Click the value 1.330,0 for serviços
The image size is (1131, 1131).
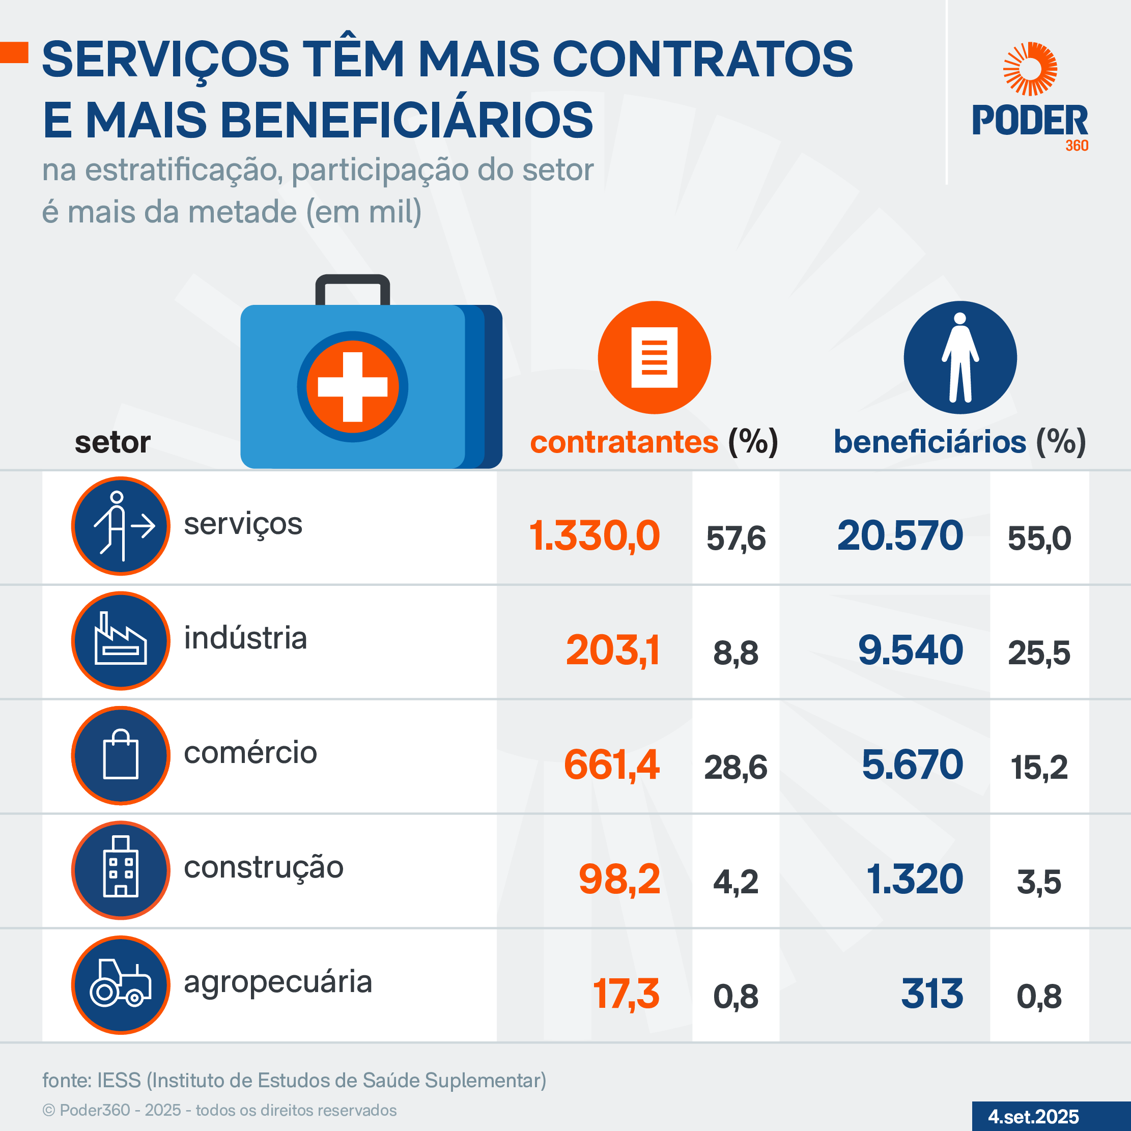pyautogui.click(x=594, y=535)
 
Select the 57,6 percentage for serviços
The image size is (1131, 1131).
pyautogui.click(x=736, y=539)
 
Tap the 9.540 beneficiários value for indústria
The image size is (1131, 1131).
pyautogui.click(x=910, y=651)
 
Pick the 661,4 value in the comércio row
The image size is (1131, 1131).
pyautogui.click(x=612, y=765)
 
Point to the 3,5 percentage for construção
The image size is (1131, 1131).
pyautogui.click(x=1039, y=882)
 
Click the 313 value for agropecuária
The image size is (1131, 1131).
pyautogui.click(x=932, y=994)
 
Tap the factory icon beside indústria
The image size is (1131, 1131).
pyautogui.click(x=121, y=640)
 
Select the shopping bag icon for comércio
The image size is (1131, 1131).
pyautogui.click(x=121, y=755)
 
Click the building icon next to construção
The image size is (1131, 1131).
pyautogui.click(x=121, y=870)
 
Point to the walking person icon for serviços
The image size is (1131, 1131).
pyautogui.click(x=121, y=526)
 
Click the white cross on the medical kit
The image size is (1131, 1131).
pyautogui.click(x=352, y=387)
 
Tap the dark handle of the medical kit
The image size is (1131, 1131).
pyautogui.click(x=352, y=284)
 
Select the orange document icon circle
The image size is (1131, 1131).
pyautogui.click(x=655, y=358)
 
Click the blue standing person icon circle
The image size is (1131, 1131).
pyautogui.click(x=960, y=358)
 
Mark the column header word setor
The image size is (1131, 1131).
pyautogui.click(x=112, y=442)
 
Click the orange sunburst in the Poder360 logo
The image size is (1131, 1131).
pyautogui.click(x=1030, y=69)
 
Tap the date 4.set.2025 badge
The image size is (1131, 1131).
pyautogui.click(x=1033, y=1116)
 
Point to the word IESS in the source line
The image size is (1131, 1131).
pyautogui.click(x=119, y=1080)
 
